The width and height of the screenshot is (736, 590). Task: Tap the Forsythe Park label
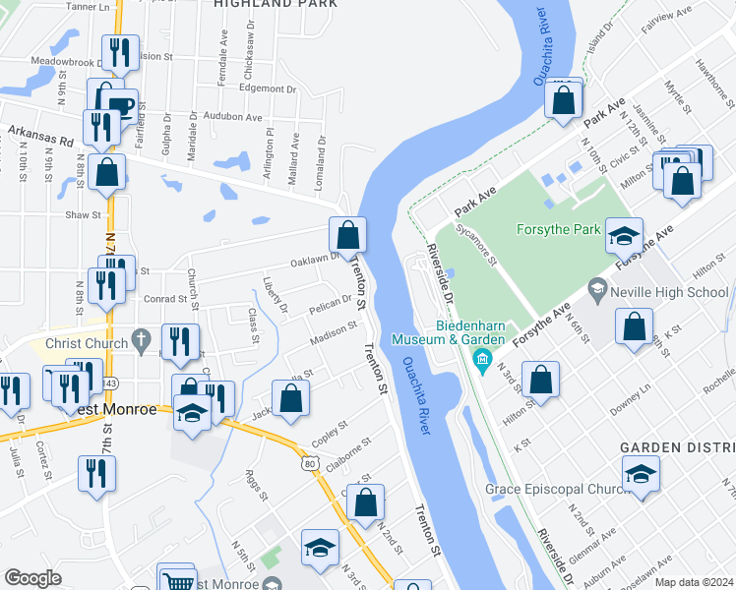click(x=559, y=230)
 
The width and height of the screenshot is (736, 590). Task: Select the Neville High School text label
click(x=670, y=292)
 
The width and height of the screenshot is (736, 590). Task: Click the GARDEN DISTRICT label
click(x=677, y=447)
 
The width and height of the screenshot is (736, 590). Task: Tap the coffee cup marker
click(x=120, y=105)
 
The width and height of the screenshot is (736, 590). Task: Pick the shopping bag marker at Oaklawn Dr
click(x=347, y=235)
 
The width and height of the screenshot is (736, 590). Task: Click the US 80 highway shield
click(x=310, y=461)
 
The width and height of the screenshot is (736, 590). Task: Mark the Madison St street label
click(x=333, y=331)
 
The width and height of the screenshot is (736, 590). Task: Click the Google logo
click(x=32, y=578)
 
